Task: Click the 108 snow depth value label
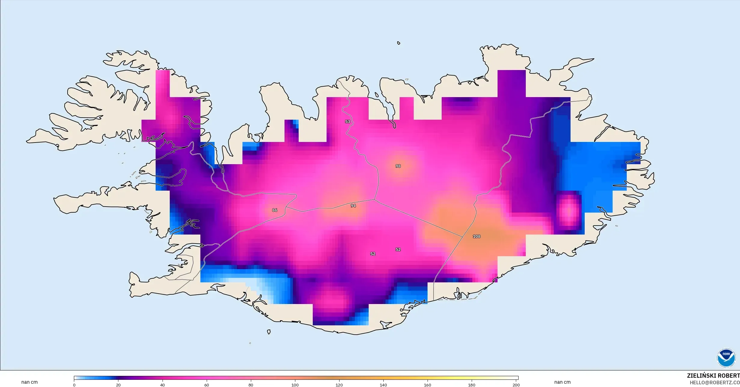click(477, 236)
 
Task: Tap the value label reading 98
click(398, 166)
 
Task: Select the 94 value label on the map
click(353, 206)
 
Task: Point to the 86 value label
click(275, 210)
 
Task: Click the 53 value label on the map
click(348, 121)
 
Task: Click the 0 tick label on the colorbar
click(74, 385)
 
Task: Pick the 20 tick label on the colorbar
click(118, 385)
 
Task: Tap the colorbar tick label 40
click(163, 385)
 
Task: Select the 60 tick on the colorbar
click(207, 385)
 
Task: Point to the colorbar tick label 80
click(251, 385)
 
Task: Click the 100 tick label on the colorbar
click(295, 385)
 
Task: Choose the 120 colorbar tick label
click(339, 385)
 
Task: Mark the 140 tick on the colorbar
click(383, 385)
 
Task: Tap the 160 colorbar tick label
click(428, 385)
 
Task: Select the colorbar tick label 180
click(472, 385)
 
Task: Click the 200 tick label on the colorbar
click(516, 385)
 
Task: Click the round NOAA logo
click(726, 358)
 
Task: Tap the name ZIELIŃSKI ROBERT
click(713, 376)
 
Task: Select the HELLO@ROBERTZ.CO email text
click(714, 382)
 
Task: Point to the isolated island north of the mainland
click(399, 43)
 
